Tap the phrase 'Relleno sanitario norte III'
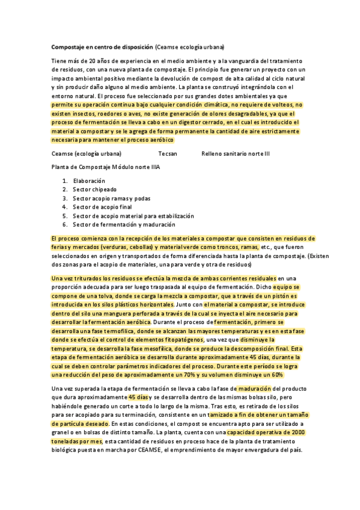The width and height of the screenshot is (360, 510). click(236, 153)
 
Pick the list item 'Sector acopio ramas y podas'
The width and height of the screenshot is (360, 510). click(111, 198)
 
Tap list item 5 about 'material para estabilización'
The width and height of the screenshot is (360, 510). click(133, 215)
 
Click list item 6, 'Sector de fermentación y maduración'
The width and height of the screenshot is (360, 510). click(124, 224)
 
